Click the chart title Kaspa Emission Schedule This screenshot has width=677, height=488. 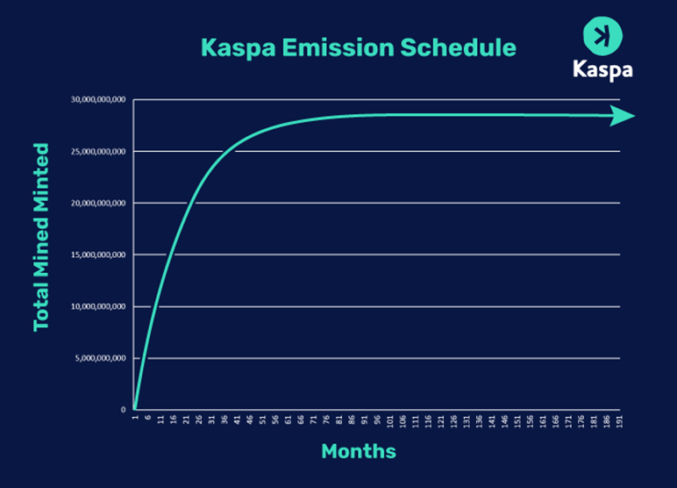[359, 47]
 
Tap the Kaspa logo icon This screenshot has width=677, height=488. [602, 36]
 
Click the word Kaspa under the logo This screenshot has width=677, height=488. [602, 69]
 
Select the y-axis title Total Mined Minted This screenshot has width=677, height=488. [41, 237]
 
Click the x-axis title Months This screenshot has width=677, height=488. [358, 452]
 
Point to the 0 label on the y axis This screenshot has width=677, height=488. [123, 410]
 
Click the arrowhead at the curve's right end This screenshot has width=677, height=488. [623, 116]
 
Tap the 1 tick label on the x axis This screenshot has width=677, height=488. [135, 419]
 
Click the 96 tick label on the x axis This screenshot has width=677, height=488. [377, 420]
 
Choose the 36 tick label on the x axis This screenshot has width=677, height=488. [224, 420]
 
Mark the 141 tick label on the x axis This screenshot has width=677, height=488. [492, 420]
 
